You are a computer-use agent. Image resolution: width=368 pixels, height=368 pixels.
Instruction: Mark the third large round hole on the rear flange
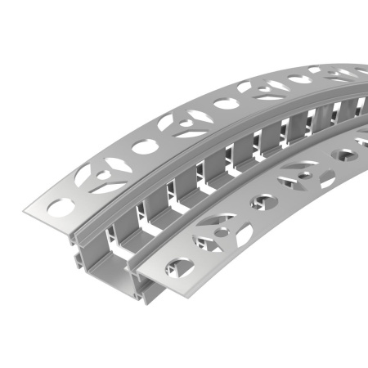coord(223,104)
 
